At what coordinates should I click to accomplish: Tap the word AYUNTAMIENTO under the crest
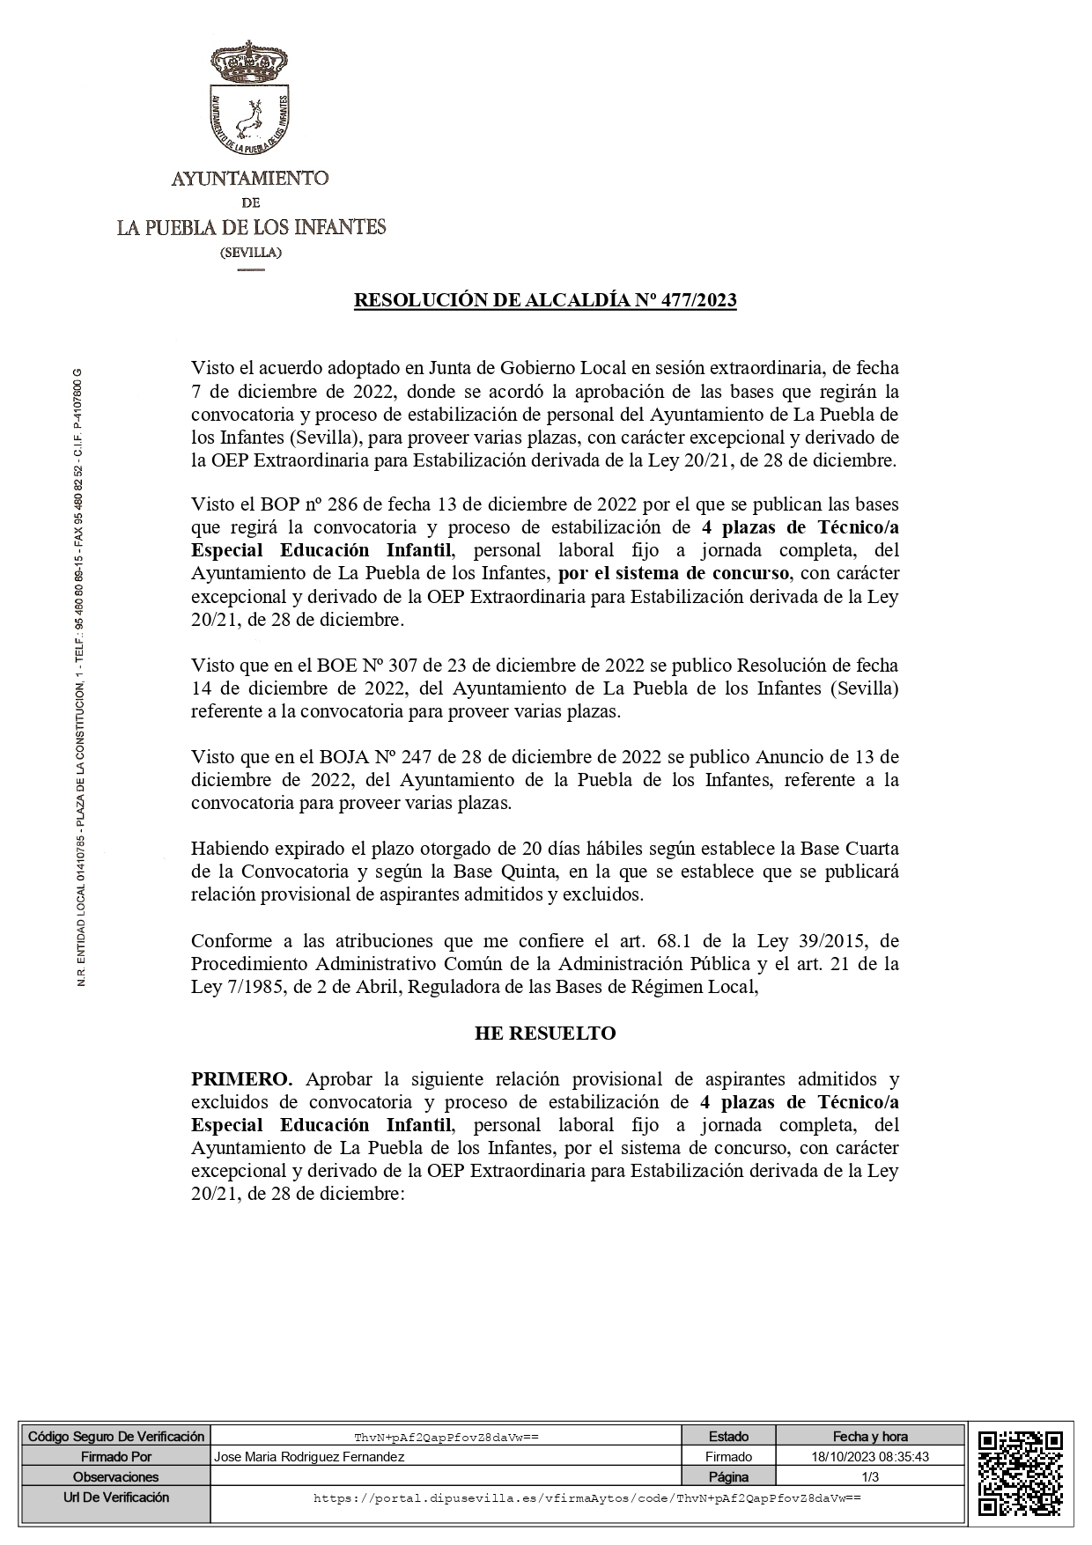click(x=250, y=179)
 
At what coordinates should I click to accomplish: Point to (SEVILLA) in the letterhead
click(x=250, y=253)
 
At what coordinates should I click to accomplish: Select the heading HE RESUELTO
click(x=545, y=1034)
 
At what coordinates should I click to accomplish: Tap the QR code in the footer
click(x=1021, y=1478)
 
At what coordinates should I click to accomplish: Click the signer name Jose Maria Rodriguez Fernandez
click(x=309, y=1457)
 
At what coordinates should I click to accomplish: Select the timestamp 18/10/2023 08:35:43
click(x=870, y=1457)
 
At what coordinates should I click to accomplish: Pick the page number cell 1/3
click(x=870, y=1477)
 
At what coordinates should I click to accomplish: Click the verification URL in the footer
click(x=587, y=1497)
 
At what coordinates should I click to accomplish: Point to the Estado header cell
click(x=728, y=1437)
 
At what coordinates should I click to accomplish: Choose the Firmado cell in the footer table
click(x=728, y=1457)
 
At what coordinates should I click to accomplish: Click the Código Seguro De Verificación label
click(x=116, y=1437)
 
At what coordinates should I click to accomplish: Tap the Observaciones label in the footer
click(x=116, y=1477)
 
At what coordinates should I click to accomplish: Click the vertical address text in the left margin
click(x=81, y=678)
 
